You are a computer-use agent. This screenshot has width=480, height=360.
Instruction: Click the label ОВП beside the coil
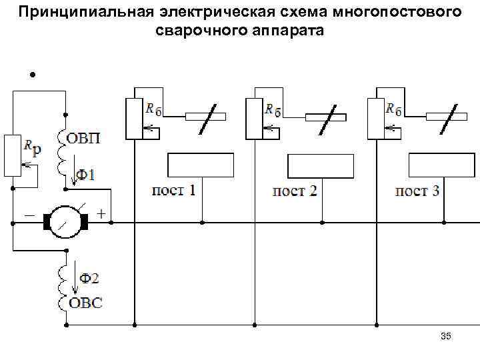coord(85,138)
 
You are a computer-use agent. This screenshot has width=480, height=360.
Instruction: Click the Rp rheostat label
coord(31,147)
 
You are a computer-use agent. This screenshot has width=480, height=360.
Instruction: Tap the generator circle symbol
coord(67,221)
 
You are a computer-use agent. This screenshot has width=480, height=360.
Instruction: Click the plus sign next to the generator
coord(101,215)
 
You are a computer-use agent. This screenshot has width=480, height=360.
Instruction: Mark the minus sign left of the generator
coord(31,215)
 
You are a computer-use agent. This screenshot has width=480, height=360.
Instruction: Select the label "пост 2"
coord(295,191)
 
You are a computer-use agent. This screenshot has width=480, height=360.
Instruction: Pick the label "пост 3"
coord(417,191)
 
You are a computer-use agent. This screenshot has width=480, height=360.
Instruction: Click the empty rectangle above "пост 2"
coord(320,165)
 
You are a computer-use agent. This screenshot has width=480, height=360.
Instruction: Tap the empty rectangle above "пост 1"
coord(200,165)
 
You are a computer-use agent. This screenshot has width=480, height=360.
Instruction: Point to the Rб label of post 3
coord(393,110)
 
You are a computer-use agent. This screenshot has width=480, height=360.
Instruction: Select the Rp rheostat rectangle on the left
coord(13,155)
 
